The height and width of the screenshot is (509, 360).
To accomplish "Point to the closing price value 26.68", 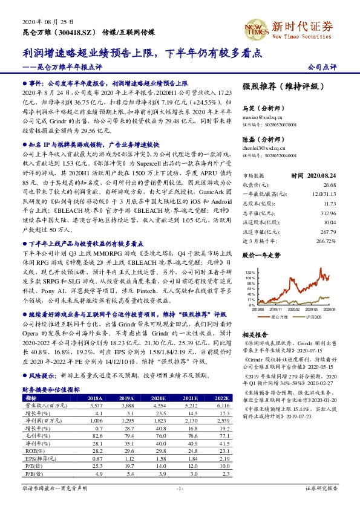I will (329, 167).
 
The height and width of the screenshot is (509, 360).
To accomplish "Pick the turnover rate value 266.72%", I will (326, 223).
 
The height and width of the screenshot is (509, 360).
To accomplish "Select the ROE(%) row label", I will (30, 450).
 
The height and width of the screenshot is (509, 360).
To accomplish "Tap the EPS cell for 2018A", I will (94, 458).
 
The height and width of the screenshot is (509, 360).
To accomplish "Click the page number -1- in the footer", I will (179, 488).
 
